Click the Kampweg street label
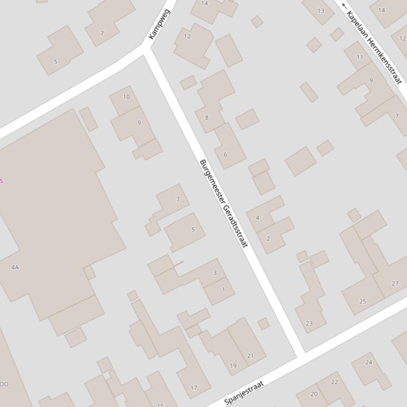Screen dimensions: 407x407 tap(159, 24)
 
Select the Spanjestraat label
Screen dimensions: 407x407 tap(244, 393)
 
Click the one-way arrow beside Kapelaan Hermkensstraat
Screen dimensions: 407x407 tap(345, 6)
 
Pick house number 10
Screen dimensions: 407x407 tap(126, 97)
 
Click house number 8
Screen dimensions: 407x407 tap(206, 118)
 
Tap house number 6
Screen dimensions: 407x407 tap(225, 155)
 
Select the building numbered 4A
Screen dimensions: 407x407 tap(15, 267)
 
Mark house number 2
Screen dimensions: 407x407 tap(268, 238)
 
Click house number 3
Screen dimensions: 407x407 tap(215, 273)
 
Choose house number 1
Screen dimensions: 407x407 tap(223, 289)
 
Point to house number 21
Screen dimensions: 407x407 tap(250, 356)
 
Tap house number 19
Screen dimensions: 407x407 tap(233, 365)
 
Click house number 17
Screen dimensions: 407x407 tap(194, 387)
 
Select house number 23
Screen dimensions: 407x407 tap(309, 323)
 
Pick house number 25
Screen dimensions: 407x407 tap(363, 301)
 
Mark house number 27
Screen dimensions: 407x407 tap(395, 283)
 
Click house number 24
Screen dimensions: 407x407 tap(369, 362)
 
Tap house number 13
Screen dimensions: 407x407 tap(321, 11)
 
